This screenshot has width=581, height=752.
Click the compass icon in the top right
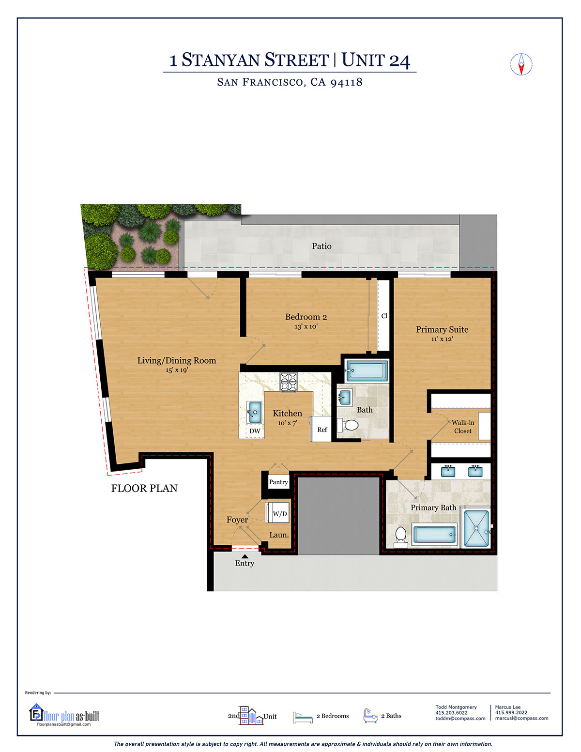coord(521,64)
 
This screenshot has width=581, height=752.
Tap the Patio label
coord(321,246)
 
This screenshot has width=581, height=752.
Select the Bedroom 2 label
coord(306,317)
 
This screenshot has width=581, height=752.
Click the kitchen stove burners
coord(289,382)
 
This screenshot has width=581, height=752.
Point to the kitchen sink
coord(254,413)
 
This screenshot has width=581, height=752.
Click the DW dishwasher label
coord(255,431)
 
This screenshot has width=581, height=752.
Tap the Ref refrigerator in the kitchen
coord(321,430)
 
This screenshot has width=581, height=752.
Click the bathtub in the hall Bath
coord(367,371)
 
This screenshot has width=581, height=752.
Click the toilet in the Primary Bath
coord(400,537)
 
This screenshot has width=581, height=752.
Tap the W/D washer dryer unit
coord(278,513)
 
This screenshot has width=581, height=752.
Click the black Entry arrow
coord(245,556)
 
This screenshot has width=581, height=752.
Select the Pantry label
coord(278,482)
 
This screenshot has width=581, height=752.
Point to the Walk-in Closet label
coord(463,427)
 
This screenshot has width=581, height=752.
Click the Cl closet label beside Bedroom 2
coord(384,316)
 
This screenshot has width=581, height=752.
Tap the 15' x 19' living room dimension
coord(177,370)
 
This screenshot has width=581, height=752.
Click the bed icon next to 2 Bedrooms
coord(303,717)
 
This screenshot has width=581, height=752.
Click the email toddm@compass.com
coord(460,719)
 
